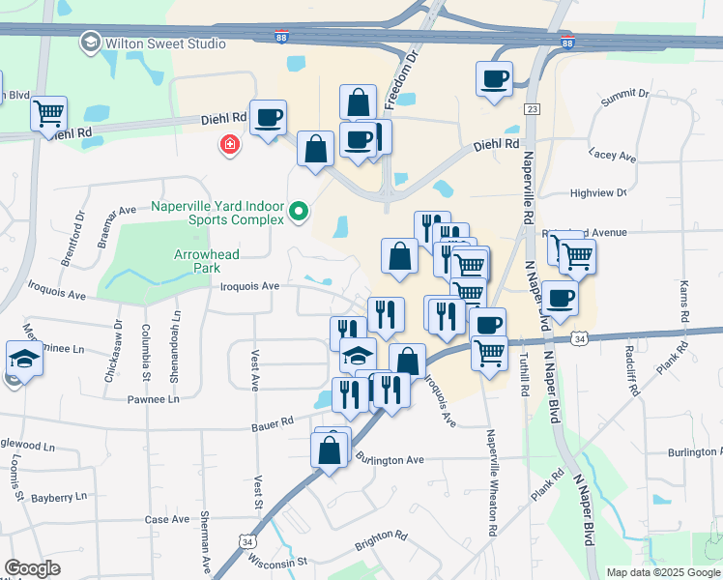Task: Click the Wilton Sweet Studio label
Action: (x=165, y=43)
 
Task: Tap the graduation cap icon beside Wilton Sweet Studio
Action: (x=90, y=43)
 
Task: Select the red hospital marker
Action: (x=229, y=145)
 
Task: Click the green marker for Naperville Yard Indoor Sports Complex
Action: (x=300, y=210)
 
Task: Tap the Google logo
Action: (x=33, y=568)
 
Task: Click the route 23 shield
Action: (x=532, y=109)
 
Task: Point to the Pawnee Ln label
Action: (x=155, y=398)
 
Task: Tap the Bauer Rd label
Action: (x=272, y=422)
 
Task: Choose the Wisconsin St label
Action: (x=276, y=561)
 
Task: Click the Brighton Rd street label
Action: (x=381, y=536)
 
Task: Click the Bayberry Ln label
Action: (x=59, y=496)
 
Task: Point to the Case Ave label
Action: (x=166, y=519)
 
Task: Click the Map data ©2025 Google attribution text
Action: (x=662, y=572)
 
